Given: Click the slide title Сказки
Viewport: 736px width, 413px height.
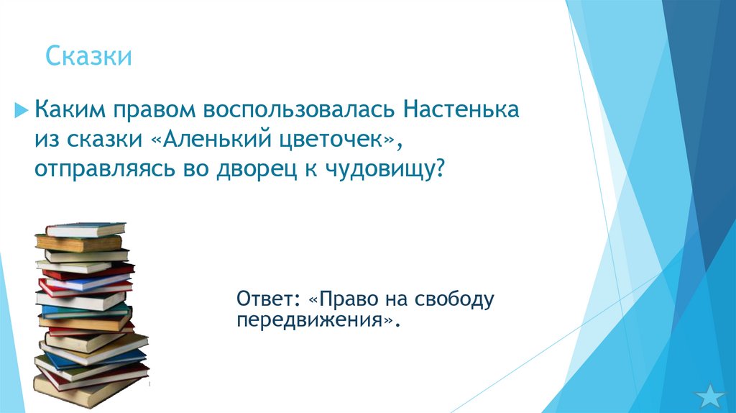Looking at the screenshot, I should click(88, 56).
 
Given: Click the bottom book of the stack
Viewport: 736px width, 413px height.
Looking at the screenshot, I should click(90, 389).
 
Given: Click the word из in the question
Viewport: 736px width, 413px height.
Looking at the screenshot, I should click(47, 141).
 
